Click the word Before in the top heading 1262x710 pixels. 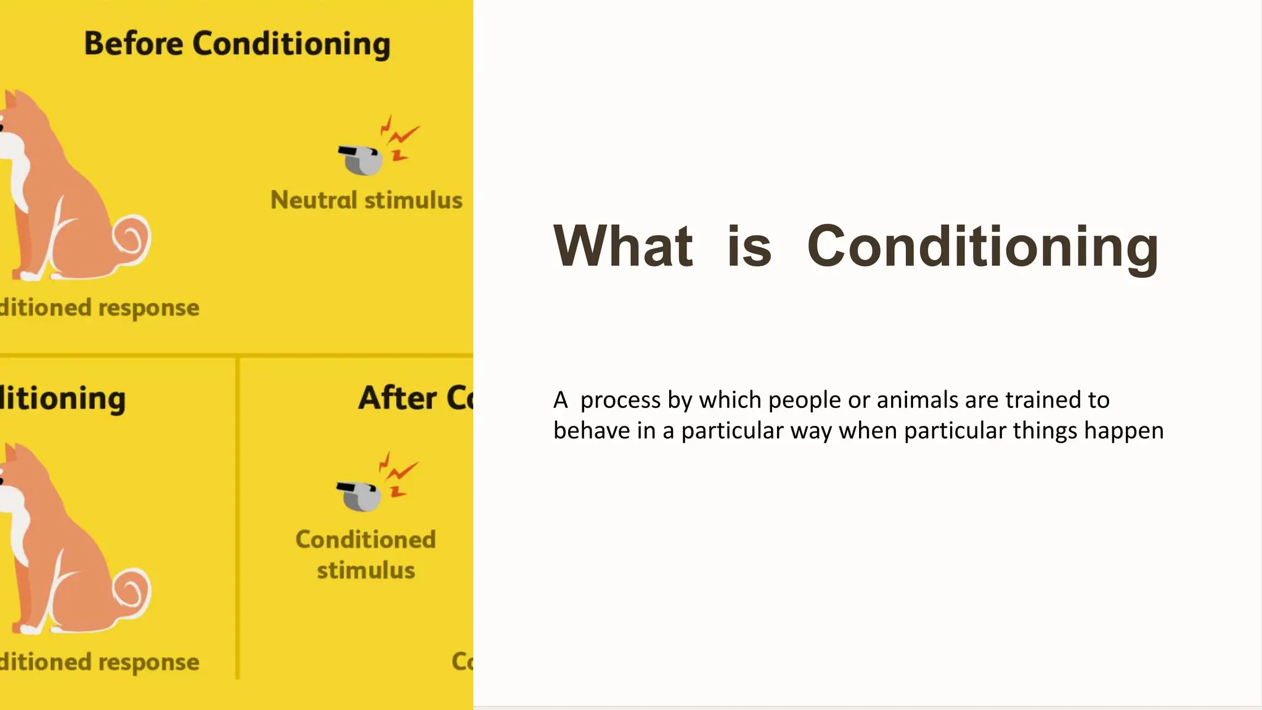pos(133,44)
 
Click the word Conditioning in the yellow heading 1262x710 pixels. pos(291,45)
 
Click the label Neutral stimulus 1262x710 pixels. pos(366,200)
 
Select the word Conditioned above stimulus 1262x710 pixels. pos(365,540)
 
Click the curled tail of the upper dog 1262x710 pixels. pos(132,239)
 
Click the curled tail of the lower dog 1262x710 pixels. pos(132,593)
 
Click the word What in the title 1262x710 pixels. pos(623,246)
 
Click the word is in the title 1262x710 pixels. pos(749,246)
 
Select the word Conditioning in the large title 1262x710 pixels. pos(982,246)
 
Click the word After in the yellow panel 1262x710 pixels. pos(397,398)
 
